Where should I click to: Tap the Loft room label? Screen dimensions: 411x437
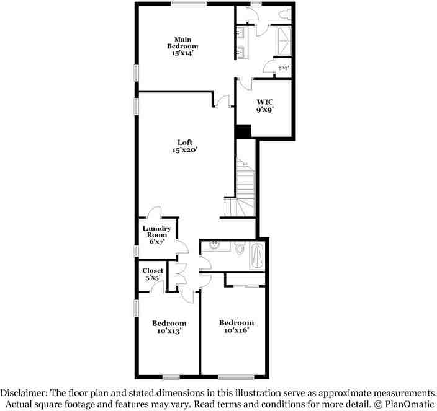pos(184,146)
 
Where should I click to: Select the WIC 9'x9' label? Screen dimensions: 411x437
pos(265,105)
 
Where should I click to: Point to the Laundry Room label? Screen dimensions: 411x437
pos(156,234)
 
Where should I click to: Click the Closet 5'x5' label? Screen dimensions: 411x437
pos(153,274)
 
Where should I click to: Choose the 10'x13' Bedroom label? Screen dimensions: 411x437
pos(169,327)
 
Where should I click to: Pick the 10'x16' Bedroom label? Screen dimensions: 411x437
pos(236,327)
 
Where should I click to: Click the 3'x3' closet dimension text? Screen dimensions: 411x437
pos(284,68)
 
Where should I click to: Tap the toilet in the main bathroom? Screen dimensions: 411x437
pos(284,13)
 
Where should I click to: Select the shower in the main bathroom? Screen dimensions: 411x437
pos(284,40)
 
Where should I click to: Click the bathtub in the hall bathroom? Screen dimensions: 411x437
pos(258,255)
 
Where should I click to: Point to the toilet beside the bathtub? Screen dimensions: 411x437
pos(240,248)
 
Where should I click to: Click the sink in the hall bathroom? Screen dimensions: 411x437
pos(214,246)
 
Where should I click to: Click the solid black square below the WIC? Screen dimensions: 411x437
pos(243,131)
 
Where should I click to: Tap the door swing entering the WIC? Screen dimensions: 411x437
pos(245,84)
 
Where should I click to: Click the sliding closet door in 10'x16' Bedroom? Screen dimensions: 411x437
pos(246,286)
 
